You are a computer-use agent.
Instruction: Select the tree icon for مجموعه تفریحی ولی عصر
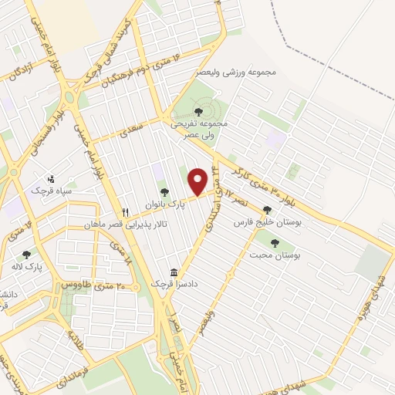coord(198,112)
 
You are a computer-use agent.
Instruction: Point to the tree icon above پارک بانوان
coord(162,192)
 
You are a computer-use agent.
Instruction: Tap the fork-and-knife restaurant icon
coord(124,211)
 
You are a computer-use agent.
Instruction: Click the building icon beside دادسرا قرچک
coord(174,273)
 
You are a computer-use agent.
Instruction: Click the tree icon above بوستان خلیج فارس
coord(267,209)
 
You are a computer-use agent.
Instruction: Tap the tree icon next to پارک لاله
coord(27,254)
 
